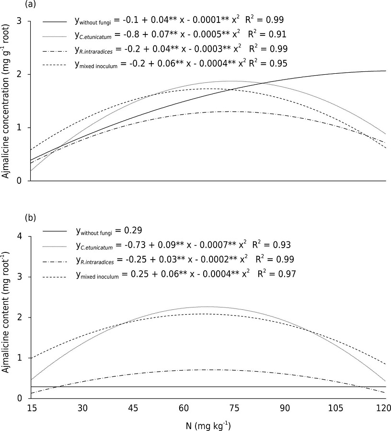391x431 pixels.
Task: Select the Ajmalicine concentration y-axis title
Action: (6, 101)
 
